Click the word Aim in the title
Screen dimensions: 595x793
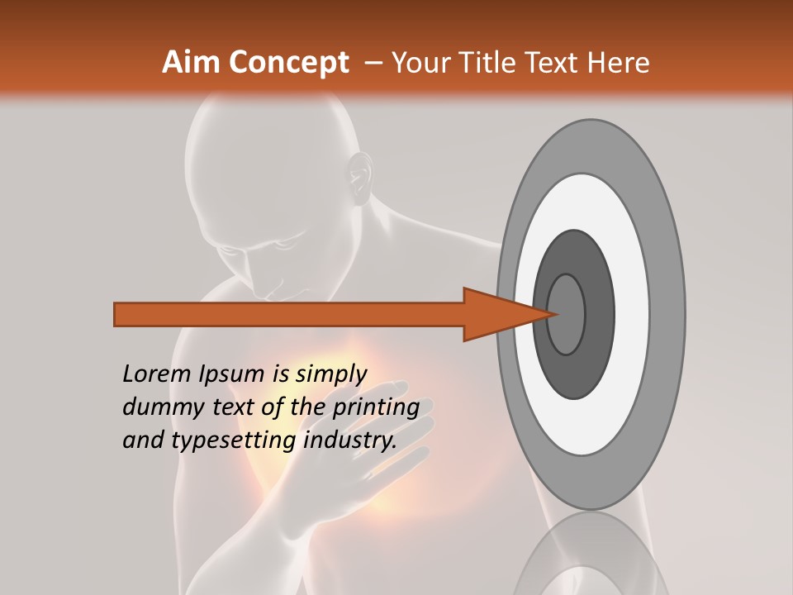pyautogui.click(x=192, y=63)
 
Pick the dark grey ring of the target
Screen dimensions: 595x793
pyautogui.click(x=601, y=314)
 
